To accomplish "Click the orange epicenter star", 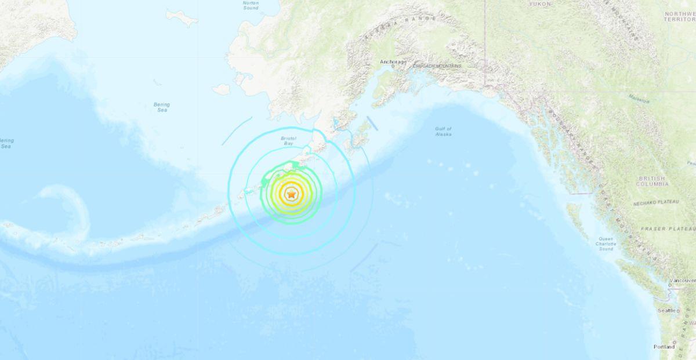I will click(x=291, y=195).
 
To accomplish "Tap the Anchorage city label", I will click(x=393, y=61).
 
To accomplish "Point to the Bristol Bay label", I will click(x=288, y=141).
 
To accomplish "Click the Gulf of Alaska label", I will click(x=443, y=132).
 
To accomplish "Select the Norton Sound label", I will click(x=251, y=5).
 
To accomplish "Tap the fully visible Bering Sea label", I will click(x=161, y=107).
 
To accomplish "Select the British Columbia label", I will click(x=653, y=181).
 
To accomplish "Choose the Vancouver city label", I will click(x=683, y=281).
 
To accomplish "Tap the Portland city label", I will click(x=664, y=347).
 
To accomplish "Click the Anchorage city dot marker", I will click(x=393, y=66).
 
